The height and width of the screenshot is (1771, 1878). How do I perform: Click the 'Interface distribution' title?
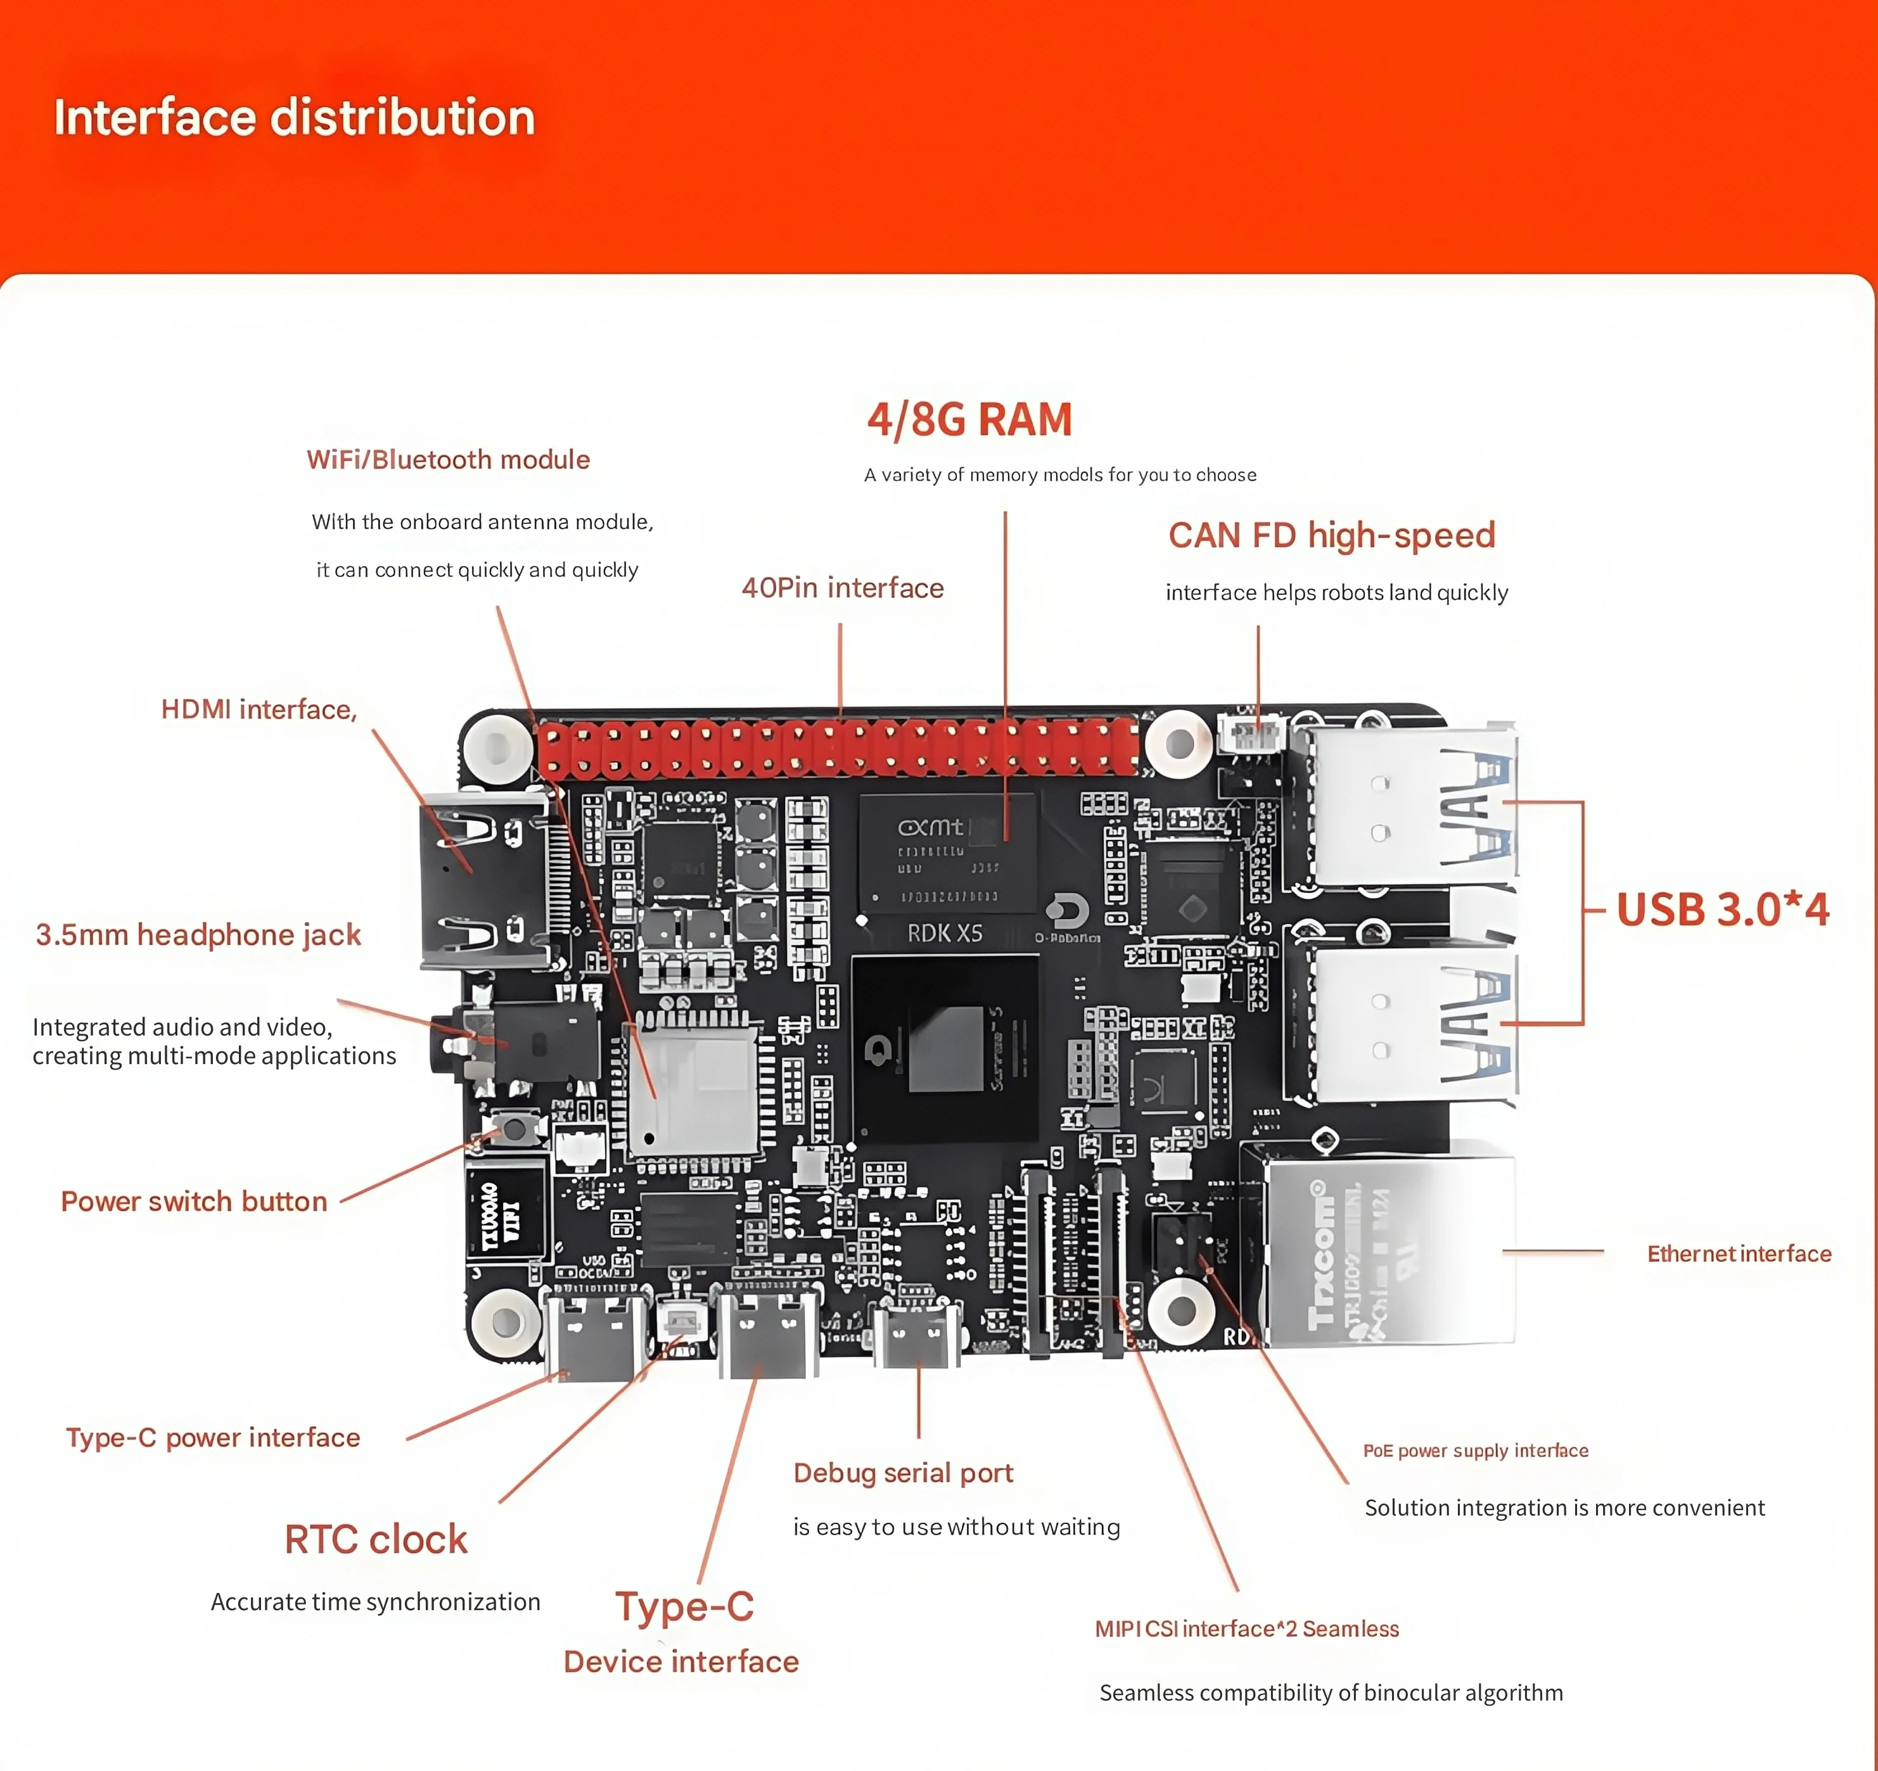click(294, 118)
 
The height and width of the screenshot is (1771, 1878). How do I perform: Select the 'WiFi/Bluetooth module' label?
click(448, 460)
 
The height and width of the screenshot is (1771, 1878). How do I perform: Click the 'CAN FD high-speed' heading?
click(1331, 536)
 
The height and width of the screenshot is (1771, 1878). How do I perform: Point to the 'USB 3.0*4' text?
click(1722, 910)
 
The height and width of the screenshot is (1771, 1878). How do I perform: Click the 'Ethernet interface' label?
click(1738, 1254)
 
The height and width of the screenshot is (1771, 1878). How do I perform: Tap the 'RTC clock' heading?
click(376, 1540)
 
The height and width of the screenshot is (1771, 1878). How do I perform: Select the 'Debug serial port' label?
click(902, 1473)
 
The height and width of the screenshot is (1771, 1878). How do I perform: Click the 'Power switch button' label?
click(194, 1202)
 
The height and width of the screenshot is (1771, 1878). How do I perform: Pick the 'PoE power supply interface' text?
click(1474, 1450)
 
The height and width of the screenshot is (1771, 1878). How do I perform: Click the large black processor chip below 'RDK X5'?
click(945, 1048)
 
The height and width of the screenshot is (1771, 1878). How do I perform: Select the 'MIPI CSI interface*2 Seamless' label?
click(1246, 1629)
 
